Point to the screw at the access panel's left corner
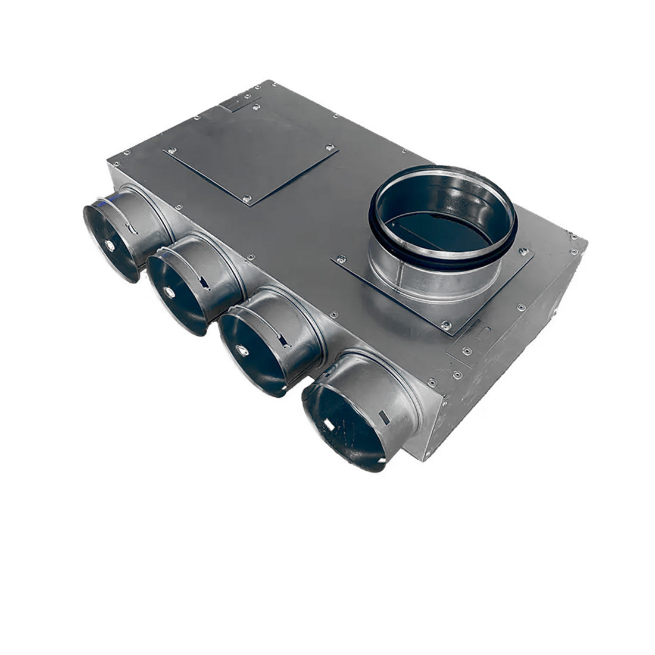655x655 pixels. [171, 150]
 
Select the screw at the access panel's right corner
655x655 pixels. [328, 146]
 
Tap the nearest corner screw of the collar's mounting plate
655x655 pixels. [444, 325]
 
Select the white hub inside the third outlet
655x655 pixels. [243, 351]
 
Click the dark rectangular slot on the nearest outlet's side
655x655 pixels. [385, 417]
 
